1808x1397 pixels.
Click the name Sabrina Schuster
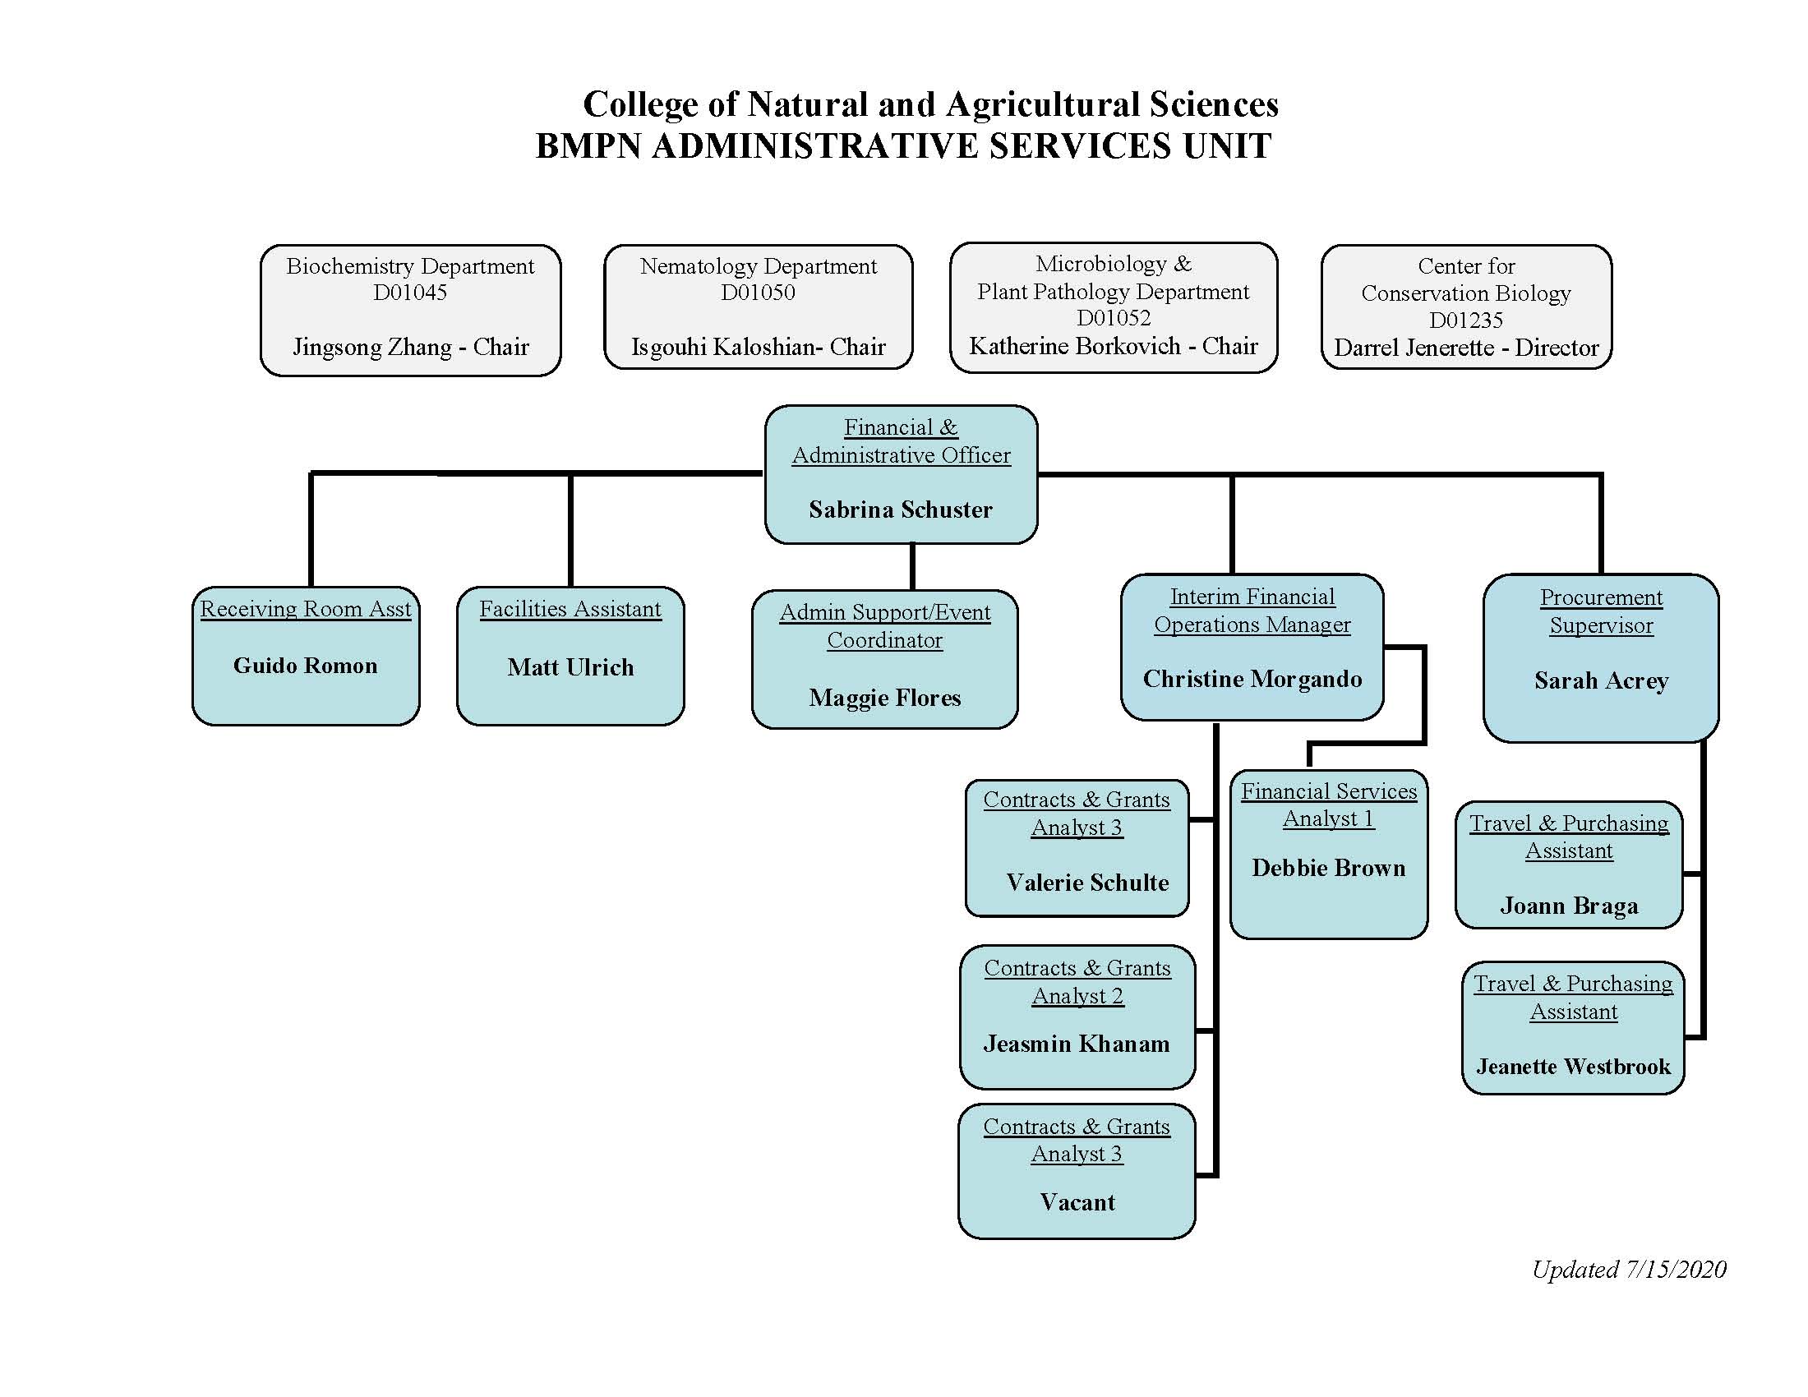(x=900, y=509)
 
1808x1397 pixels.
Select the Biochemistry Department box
(x=410, y=311)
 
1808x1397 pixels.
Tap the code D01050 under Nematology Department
(x=758, y=293)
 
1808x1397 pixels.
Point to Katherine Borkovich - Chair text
(x=1113, y=346)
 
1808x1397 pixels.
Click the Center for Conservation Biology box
(x=1465, y=307)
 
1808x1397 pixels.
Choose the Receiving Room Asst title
(x=306, y=609)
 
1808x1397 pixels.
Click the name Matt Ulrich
(x=570, y=667)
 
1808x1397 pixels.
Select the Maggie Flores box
(x=884, y=660)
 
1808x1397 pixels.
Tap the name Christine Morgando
(x=1252, y=679)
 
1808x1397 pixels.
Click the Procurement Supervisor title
(x=1600, y=611)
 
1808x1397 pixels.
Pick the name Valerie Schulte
(x=1087, y=883)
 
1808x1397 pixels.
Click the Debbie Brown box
(x=1328, y=855)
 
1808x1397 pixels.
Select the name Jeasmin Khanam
(x=1077, y=1044)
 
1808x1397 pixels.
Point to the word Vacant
(x=1077, y=1201)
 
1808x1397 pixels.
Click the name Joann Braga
(x=1569, y=906)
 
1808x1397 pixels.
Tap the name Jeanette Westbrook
(x=1573, y=1066)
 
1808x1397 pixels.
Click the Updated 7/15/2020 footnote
(x=1628, y=1270)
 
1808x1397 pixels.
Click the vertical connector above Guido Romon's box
(x=311, y=530)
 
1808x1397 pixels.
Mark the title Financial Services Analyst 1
(x=1328, y=805)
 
